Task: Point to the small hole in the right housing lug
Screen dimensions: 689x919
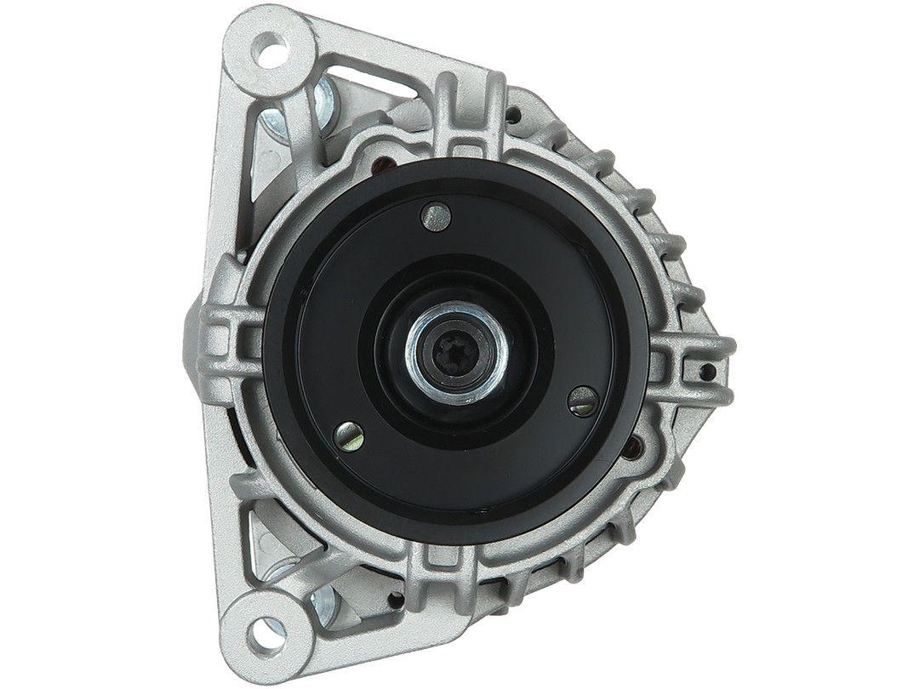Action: click(705, 371)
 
